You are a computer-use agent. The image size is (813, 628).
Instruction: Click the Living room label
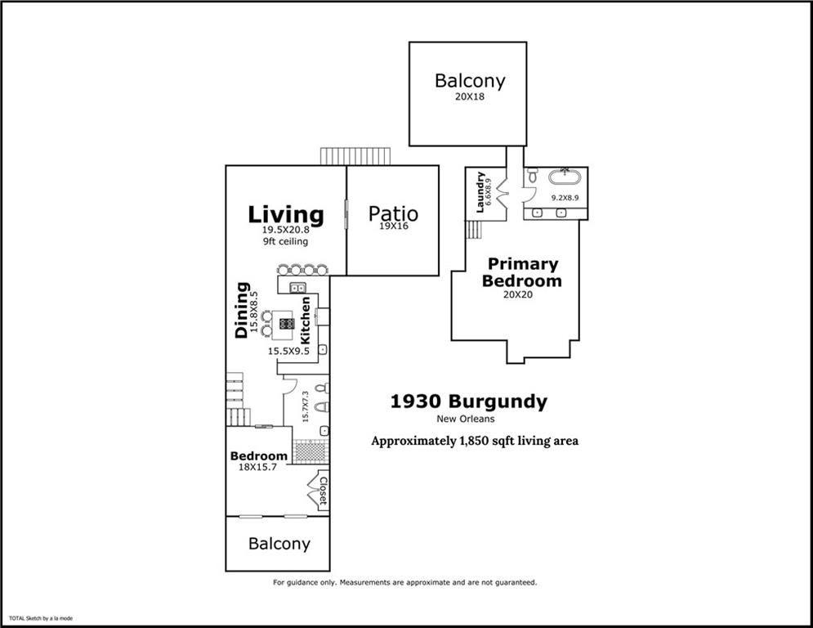coord(286,215)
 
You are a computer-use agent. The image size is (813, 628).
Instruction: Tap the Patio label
coord(393,213)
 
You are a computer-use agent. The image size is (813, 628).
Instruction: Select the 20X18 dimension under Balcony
coord(470,96)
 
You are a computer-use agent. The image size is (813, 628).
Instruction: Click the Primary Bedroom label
coord(522,272)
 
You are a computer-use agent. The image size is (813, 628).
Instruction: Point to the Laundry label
coord(480,192)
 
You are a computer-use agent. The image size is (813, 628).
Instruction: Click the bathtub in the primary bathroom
coord(565,177)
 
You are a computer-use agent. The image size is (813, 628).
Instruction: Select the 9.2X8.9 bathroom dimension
coord(565,198)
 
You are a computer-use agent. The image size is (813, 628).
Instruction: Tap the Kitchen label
coord(306,321)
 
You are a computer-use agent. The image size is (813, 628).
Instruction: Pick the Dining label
coord(242,311)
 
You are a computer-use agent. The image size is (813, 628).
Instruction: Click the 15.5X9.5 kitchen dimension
coord(288,352)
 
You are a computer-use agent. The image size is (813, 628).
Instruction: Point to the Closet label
coord(323,491)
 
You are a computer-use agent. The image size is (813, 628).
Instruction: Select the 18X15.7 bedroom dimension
coord(257,467)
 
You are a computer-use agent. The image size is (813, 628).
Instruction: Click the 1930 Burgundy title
coord(469,401)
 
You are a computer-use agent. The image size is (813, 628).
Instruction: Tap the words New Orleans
coord(466,419)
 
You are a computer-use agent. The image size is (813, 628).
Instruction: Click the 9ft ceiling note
coord(285,241)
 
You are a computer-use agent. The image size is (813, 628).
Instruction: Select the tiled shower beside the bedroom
coord(310,451)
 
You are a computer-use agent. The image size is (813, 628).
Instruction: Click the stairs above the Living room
coord(355,156)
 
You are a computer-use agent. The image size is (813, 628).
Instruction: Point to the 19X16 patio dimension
coord(393,227)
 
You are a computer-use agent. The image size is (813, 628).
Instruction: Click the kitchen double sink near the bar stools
coord(297,287)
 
